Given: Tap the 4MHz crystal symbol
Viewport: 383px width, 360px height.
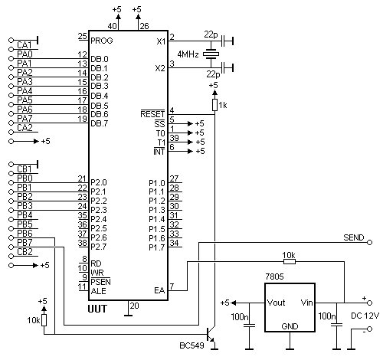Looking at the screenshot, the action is pyautogui.click(x=211, y=54).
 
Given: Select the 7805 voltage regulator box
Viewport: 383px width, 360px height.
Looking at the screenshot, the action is pyautogui.click(x=290, y=307).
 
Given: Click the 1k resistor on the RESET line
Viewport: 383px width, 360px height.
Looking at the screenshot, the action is pyautogui.click(x=214, y=105).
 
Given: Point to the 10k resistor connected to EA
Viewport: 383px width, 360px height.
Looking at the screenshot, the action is pyautogui.click(x=290, y=261).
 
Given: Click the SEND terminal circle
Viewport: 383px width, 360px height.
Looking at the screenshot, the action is pyautogui.click(x=369, y=242).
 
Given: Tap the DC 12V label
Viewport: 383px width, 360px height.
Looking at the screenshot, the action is pyautogui.click(x=365, y=316).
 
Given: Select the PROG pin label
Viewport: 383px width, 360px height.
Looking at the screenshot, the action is pyautogui.click(x=102, y=41).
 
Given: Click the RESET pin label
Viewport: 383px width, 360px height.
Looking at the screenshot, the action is pyautogui.click(x=152, y=114).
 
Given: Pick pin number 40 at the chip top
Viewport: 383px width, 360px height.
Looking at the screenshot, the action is pyautogui.click(x=112, y=26).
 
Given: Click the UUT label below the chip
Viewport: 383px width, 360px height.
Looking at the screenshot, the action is pyautogui.click(x=97, y=309).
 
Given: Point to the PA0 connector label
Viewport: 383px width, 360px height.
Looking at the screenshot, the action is pyautogui.click(x=25, y=54).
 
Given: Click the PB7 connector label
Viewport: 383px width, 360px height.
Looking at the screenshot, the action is pyautogui.click(x=25, y=242).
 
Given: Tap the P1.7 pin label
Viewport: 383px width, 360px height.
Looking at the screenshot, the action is pyautogui.click(x=157, y=247).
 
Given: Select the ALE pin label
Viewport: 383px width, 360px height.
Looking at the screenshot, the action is pyautogui.click(x=98, y=291).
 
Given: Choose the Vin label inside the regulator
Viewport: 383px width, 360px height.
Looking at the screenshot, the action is pyautogui.click(x=306, y=303).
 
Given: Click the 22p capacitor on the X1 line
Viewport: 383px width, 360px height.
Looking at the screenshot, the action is pyautogui.click(x=223, y=41).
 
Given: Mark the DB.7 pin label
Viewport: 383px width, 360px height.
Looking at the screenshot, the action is pyautogui.click(x=100, y=123).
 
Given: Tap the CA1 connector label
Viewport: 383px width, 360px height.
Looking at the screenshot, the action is pyautogui.click(x=25, y=45).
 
